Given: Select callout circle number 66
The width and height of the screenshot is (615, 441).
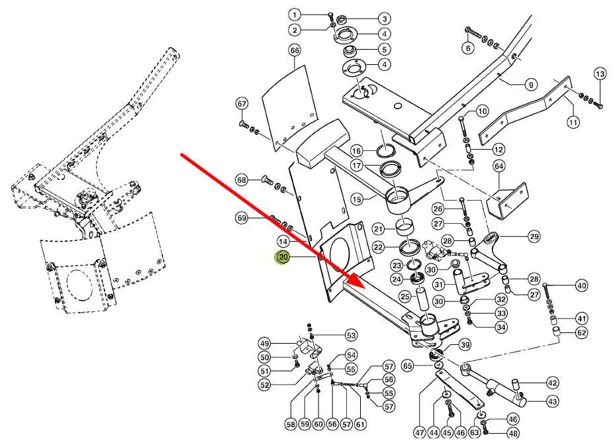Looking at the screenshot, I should click(295, 50).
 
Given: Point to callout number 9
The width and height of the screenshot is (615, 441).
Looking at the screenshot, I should click(531, 84).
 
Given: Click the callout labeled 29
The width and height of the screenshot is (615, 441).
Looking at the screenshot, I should click(534, 236).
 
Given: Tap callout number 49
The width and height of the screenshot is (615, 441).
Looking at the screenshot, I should click(264, 344).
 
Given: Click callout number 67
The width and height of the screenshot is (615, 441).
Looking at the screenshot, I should click(242, 103).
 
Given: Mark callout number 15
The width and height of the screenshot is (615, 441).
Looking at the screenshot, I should click(356, 199).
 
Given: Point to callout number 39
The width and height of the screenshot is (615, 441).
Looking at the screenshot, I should click(465, 344).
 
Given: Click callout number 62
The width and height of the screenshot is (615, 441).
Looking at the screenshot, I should click(581, 333).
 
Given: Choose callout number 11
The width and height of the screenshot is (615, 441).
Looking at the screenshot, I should click(573, 122).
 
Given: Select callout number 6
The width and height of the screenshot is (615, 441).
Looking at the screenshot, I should click(468, 48).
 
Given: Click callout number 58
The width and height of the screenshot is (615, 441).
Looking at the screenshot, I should click(291, 424).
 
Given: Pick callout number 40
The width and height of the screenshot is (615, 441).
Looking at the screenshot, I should click(581, 286).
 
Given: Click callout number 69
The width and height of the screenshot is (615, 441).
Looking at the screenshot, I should click(242, 218).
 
